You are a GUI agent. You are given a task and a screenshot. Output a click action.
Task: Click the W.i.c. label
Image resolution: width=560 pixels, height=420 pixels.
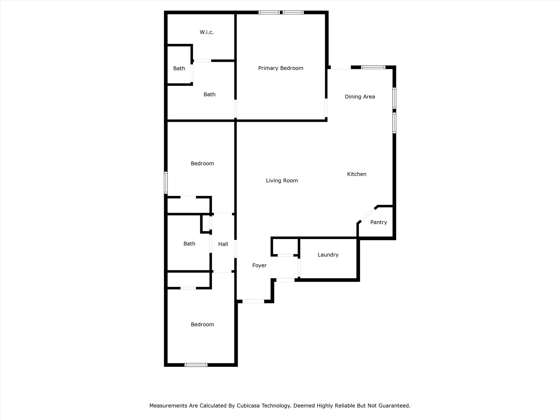(x=206, y=32)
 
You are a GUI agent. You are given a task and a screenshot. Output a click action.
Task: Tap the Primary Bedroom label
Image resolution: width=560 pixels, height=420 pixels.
(x=281, y=68)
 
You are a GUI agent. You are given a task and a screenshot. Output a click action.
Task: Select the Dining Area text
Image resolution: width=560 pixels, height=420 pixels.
(x=360, y=97)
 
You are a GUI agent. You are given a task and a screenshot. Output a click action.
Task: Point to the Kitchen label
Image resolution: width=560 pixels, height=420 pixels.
(x=357, y=174)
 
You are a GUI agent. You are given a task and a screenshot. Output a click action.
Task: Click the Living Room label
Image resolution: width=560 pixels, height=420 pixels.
(x=282, y=180)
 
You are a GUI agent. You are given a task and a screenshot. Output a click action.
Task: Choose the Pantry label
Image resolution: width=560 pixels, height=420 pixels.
(x=378, y=222)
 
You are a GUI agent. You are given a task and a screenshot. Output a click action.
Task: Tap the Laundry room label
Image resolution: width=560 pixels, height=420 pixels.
(x=328, y=255)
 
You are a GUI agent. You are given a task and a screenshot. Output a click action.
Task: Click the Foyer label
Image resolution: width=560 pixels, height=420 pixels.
(x=259, y=265)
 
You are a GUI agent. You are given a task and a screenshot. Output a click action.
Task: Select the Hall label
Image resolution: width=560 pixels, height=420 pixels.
(x=223, y=244)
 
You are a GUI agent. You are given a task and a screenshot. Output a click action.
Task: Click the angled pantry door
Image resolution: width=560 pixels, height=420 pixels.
(x=368, y=215)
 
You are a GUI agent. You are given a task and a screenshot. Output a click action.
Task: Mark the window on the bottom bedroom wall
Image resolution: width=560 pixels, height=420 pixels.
(x=196, y=365)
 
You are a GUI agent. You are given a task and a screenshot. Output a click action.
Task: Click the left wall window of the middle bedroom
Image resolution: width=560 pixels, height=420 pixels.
(x=166, y=182)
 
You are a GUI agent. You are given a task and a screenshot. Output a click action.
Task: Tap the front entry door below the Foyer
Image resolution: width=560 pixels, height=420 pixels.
(x=253, y=301)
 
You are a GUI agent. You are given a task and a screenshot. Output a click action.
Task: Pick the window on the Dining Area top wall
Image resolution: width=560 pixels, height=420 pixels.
(x=373, y=67)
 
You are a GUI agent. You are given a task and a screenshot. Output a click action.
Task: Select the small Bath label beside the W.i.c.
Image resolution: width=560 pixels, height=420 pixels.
(x=179, y=68)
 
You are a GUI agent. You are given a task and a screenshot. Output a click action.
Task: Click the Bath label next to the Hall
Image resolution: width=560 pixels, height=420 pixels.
(x=189, y=244)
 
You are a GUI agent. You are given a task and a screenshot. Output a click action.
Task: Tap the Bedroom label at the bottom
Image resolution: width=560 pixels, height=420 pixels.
(x=202, y=325)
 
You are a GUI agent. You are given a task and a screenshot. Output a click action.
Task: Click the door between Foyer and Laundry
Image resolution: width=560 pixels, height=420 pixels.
(x=299, y=268)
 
